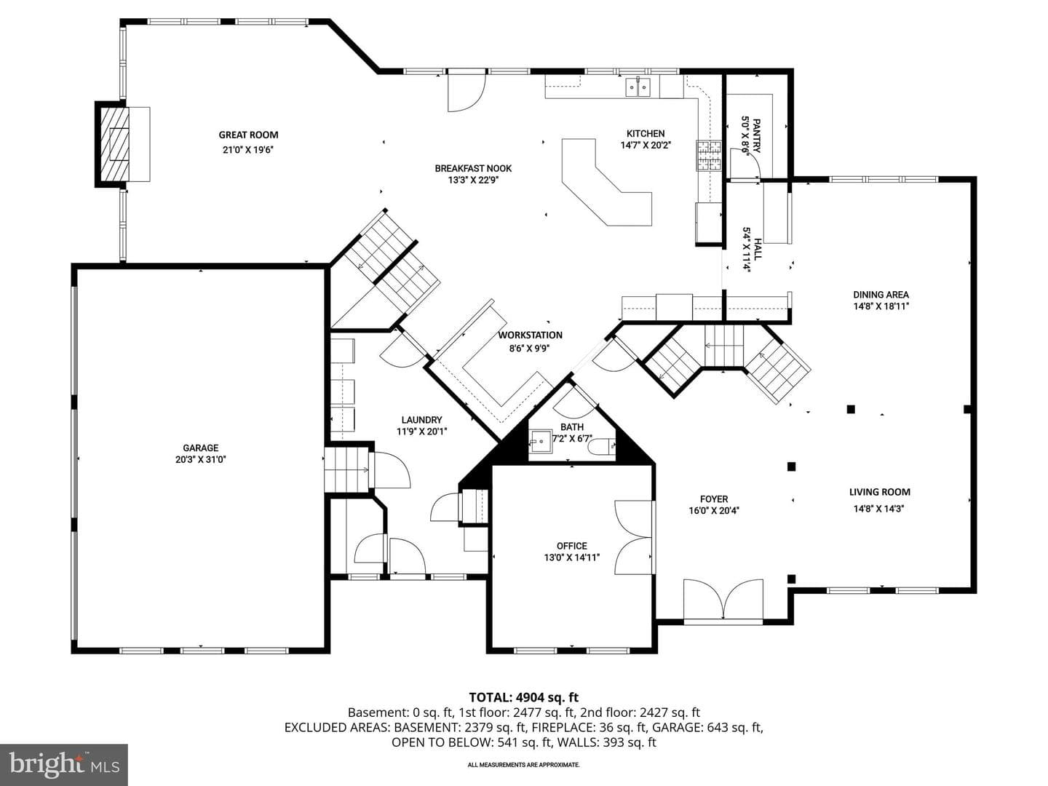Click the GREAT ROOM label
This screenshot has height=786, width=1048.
coord(248,135)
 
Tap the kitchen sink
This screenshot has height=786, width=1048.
coord(638,87)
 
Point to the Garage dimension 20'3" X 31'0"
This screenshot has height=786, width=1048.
coord(201,459)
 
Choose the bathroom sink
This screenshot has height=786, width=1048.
coord(541,442)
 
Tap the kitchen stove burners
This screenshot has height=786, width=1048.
coord(709,156)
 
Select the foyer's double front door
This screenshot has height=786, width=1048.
coord(723,599)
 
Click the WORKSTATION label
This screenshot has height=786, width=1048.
coord(530,335)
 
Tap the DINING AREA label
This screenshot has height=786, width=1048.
coord(881,295)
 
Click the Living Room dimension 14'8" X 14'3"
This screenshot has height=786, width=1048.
coord(879,509)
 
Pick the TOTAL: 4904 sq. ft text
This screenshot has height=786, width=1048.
coord(524,697)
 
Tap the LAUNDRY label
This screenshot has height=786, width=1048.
coord(421,419)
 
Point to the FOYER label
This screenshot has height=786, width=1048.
coord(714,499)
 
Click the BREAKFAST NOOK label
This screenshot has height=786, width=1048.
coord(473,168)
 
